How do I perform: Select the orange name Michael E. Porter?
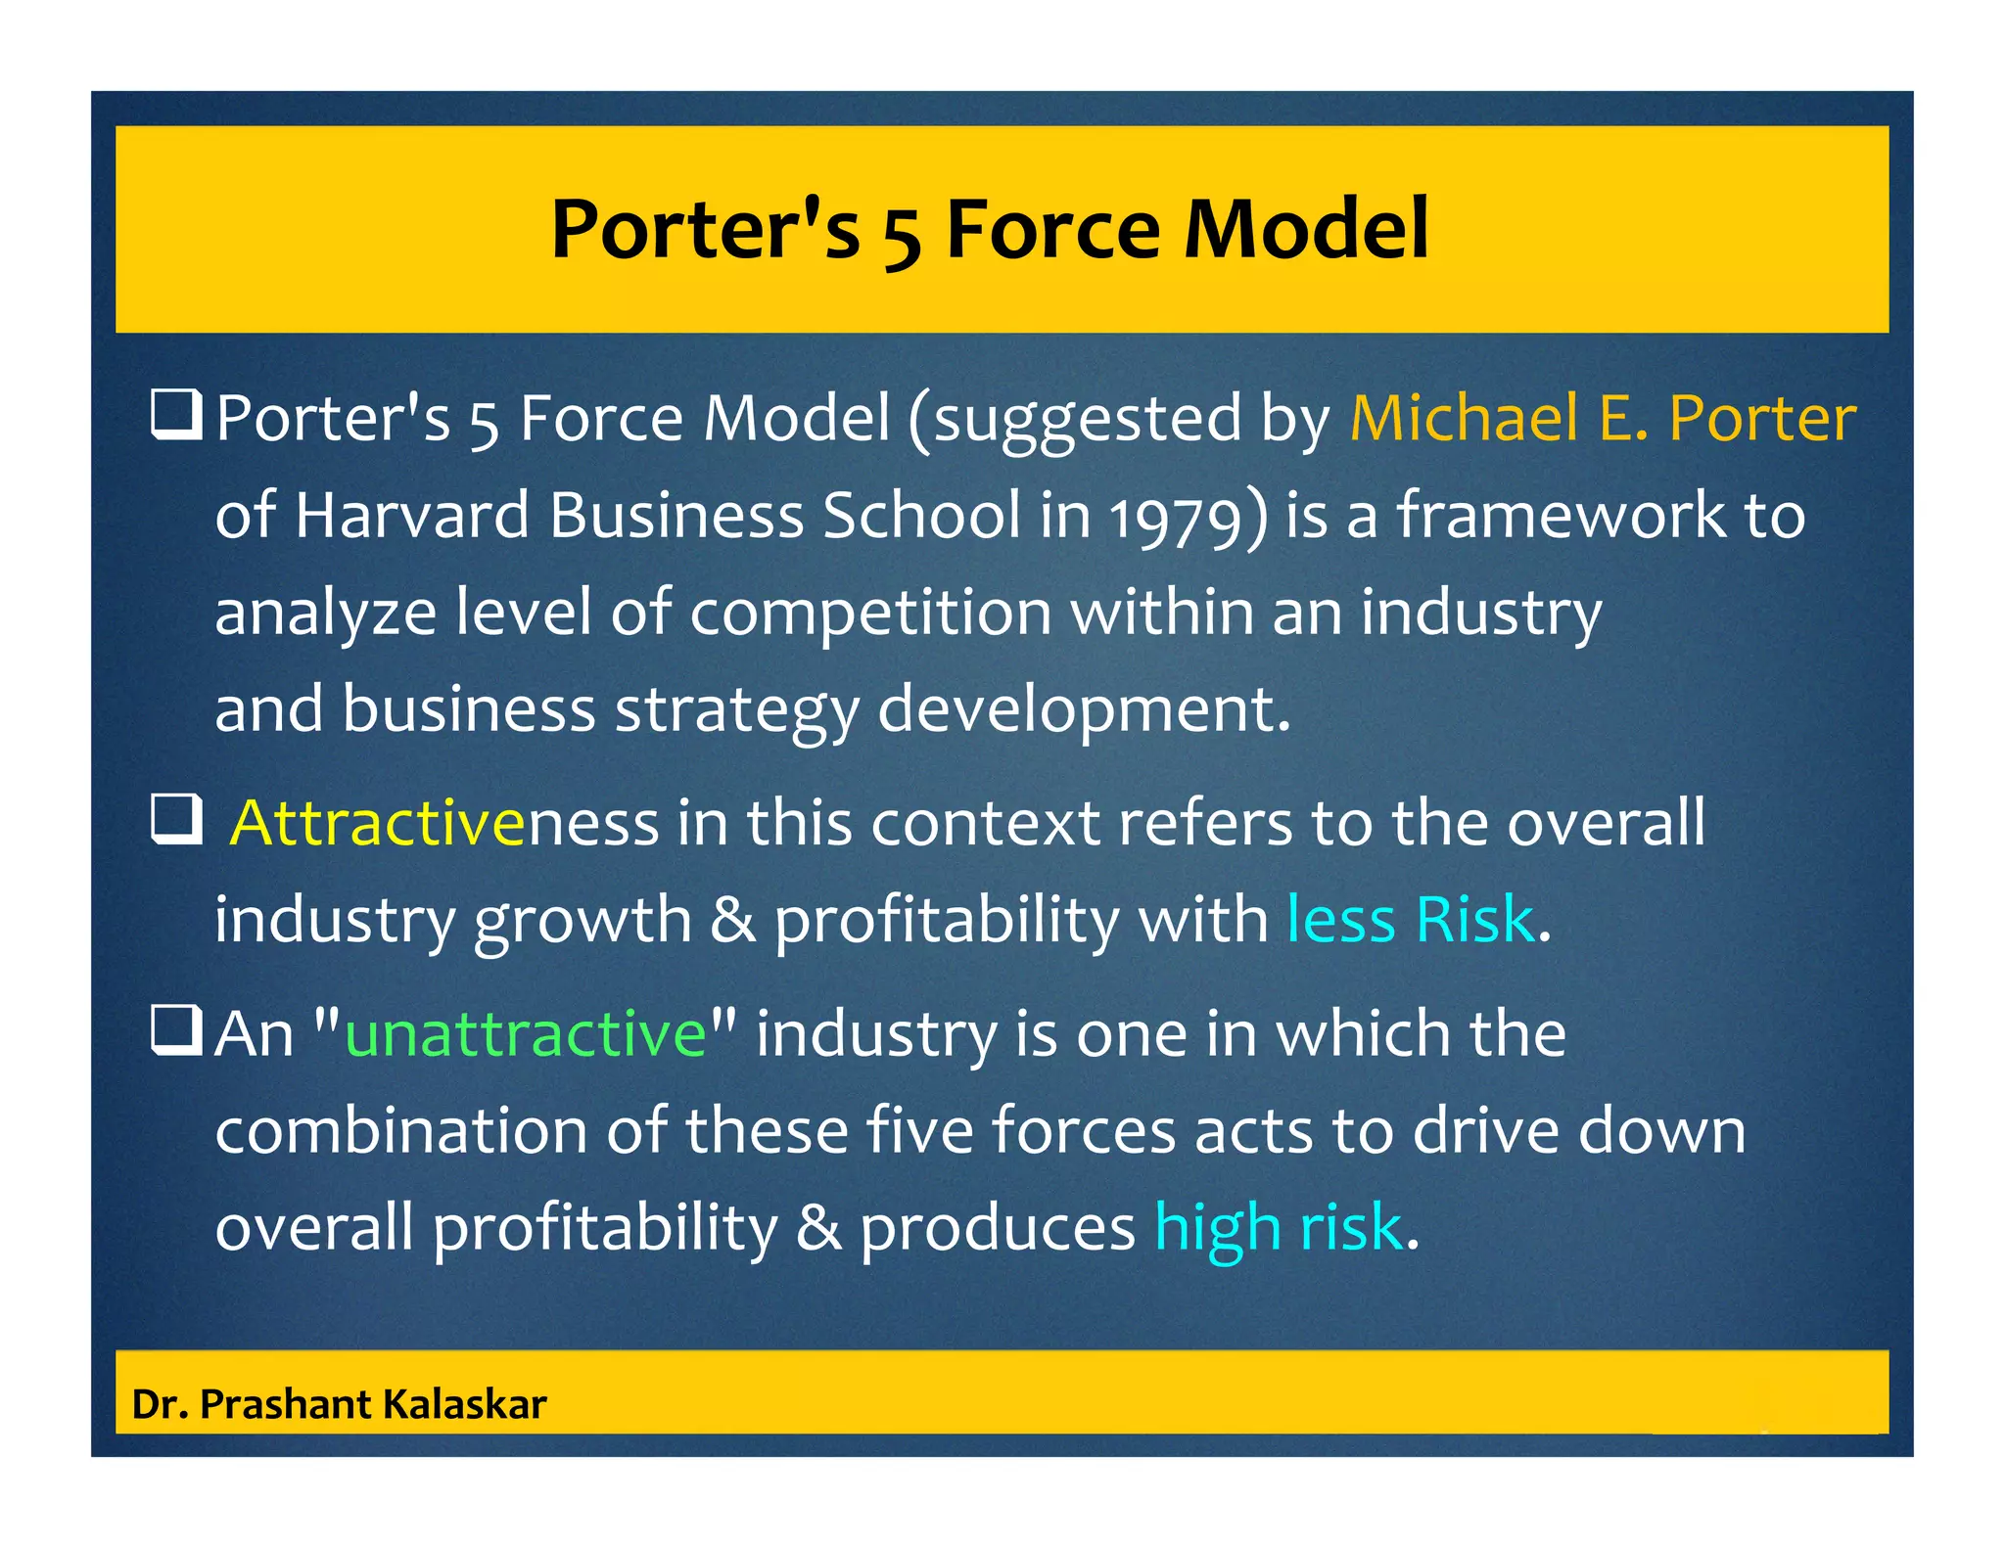click(x=1602, y=418)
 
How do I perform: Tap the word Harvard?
click(x=411, y=515)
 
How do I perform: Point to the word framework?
click(x=1561, y=515)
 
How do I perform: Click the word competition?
click(x=869, y=614)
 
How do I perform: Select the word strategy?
click(x=736, y=711)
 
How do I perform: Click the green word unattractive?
click(x=526, y=1033)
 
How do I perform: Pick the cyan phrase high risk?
click(x=1279, y=1227)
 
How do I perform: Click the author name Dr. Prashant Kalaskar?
click(x=339, y=1404)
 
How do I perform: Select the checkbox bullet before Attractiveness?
click(x=176, y=819)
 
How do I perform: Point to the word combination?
click(x=400, y=1131)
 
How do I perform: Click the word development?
click(x=1083, y=711)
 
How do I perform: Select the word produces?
click(x=997, y=1227)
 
